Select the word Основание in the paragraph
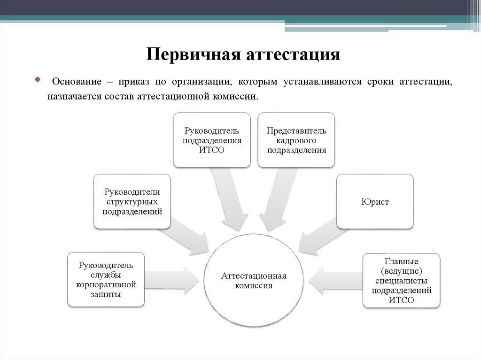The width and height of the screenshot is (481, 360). (77, 82)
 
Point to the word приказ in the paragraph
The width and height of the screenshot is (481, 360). (135, 82)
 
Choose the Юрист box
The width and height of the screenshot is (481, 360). (375, 202)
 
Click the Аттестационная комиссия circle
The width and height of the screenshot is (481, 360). (254, 280)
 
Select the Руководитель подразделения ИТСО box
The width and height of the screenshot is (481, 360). (211, 140)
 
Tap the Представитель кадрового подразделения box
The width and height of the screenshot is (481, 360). (296, 140)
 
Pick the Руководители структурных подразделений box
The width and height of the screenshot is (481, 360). (132, 201)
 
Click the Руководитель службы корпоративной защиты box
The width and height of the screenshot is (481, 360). (106, 280)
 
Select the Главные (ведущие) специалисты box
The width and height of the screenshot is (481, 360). (402, 280)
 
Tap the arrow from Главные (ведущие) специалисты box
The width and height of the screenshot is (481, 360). (336, 281)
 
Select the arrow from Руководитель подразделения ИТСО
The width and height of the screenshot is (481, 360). (229, 199)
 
